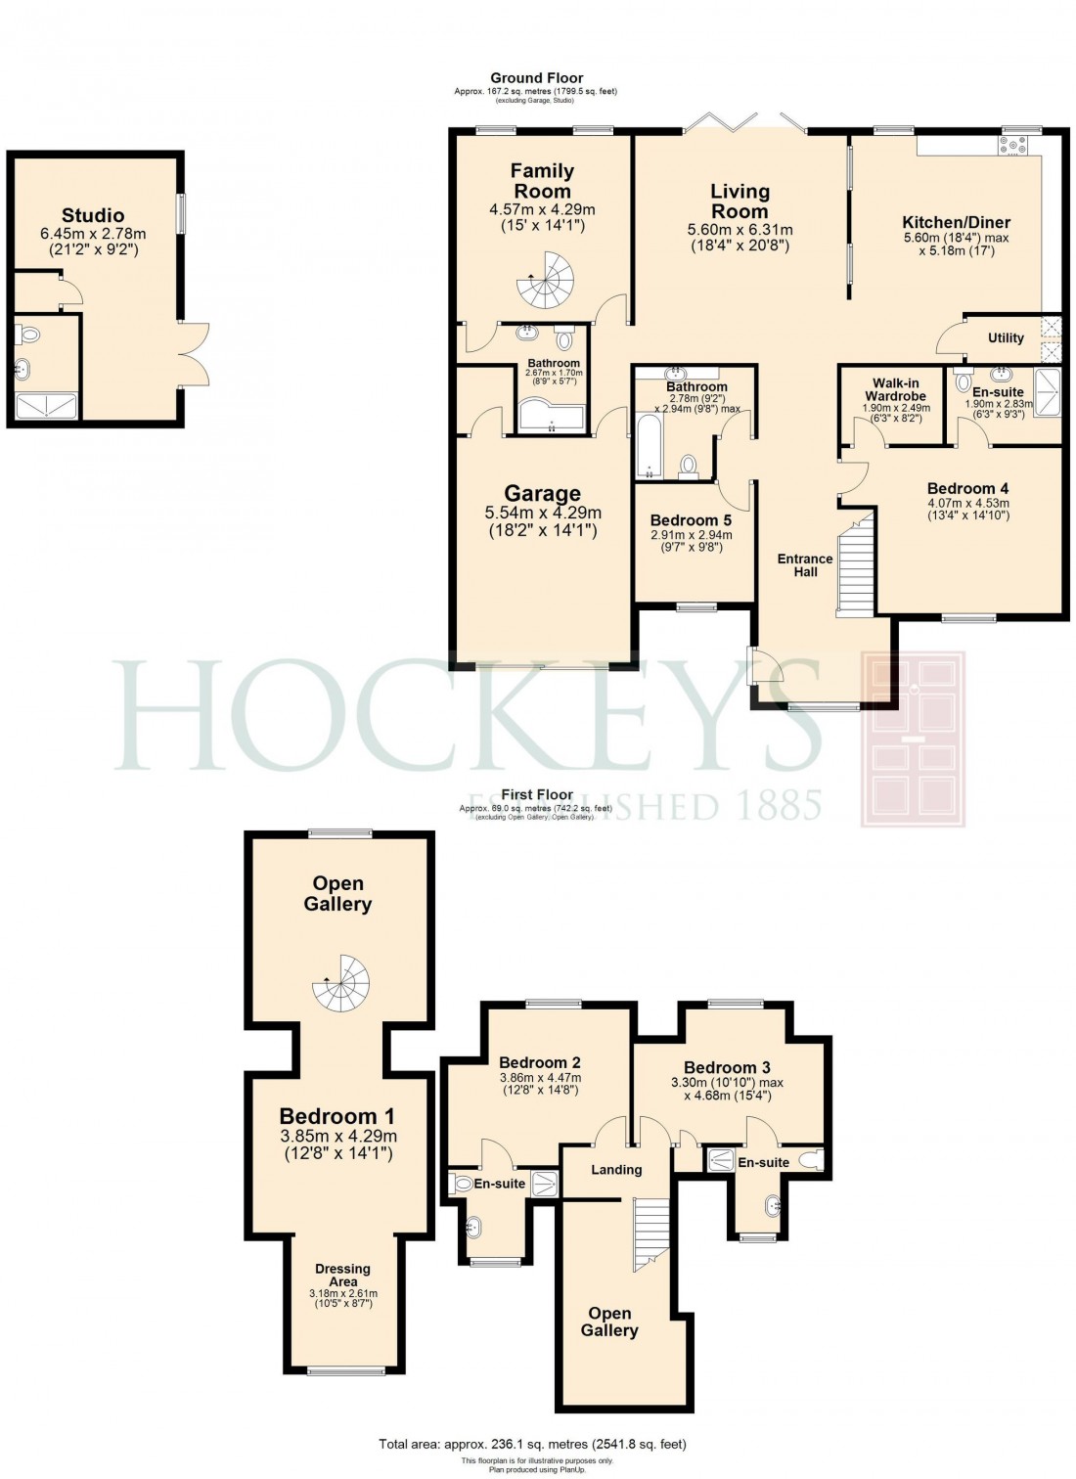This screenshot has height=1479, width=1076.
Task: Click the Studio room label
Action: point(93,215)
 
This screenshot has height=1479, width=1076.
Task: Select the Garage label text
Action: point(542,494)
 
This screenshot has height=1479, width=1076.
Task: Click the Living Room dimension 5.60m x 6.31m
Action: point(740,230)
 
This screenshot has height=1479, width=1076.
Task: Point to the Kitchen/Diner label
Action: point(956,222)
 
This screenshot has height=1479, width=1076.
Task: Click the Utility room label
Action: point(1006,337)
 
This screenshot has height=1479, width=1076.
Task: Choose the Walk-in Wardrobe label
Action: point(895,390)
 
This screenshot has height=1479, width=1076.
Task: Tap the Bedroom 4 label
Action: point(967,488)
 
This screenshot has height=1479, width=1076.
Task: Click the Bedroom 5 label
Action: point(691,520)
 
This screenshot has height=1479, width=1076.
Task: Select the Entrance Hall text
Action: point(805,565)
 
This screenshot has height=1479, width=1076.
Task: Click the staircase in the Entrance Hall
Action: point(854,567)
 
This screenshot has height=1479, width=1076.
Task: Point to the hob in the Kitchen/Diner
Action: point(1012,145)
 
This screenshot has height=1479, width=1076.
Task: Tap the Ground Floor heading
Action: point(536,77)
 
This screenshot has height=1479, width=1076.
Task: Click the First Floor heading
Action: point(536,795)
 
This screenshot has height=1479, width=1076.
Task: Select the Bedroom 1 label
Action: point(337,1116)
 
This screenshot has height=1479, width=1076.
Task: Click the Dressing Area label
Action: point(342,1276)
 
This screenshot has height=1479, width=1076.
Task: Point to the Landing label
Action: point(616,1170)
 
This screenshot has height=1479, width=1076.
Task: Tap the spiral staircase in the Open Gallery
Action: point(341,983)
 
